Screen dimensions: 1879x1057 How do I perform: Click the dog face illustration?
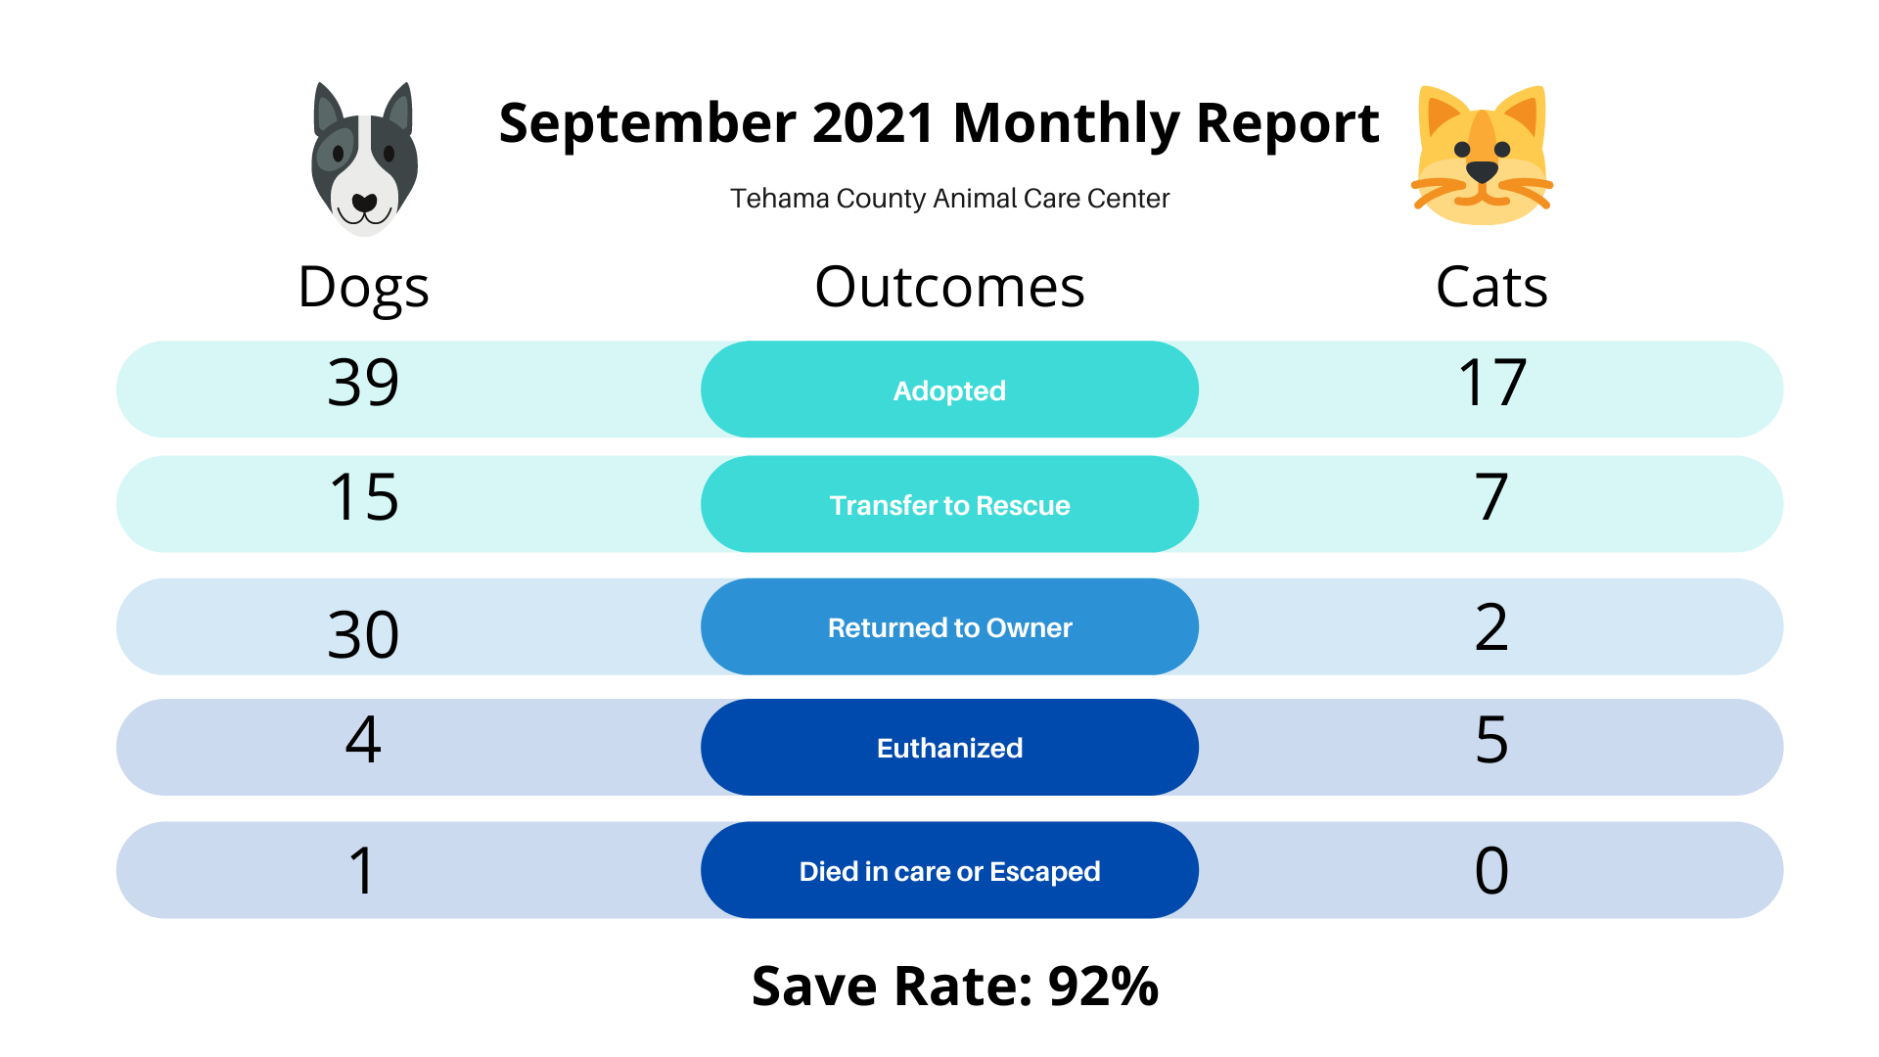pyautogui.click(x=364, y=159)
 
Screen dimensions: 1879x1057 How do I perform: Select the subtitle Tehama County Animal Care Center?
pyautogui.click(x=949, y=199)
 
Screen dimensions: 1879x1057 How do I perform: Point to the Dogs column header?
pyautogui.click(x=363, y=288)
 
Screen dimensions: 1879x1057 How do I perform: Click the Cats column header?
pyautogui.click(x=1491, y=288)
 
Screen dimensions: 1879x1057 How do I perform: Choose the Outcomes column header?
pyautogui.click(x=949, y=287)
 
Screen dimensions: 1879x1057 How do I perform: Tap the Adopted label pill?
pyautogui.click(x=949, y=390)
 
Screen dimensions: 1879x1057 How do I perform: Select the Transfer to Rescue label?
pyautogui.click(x=949, y=505)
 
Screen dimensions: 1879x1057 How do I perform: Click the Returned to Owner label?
pyautogui.click(x=949, y=627)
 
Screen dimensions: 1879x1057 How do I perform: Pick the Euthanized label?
pyautogui.click(x=949, y=748)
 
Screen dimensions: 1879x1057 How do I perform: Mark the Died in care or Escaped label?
pyautogui.click(x=949, y=871)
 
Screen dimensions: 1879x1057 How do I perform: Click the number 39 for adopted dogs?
pyautogui.click(x=363, y=382)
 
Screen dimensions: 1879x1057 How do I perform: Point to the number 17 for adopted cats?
pyautogui.click(x=1491, y=382)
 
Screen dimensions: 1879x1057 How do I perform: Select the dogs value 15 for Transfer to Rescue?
pyautogui.click(x=363, y=496)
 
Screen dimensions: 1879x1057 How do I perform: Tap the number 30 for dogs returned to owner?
pyautogui.click(x=363, y=634)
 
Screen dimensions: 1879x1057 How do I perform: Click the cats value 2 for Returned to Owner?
pyautogui.click(x=1491, y=626)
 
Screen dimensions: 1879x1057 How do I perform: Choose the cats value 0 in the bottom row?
pyautogui.click(x=1491, y=870)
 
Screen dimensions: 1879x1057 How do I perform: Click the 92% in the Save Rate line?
pyautogui.click(x=1103, y=986)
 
